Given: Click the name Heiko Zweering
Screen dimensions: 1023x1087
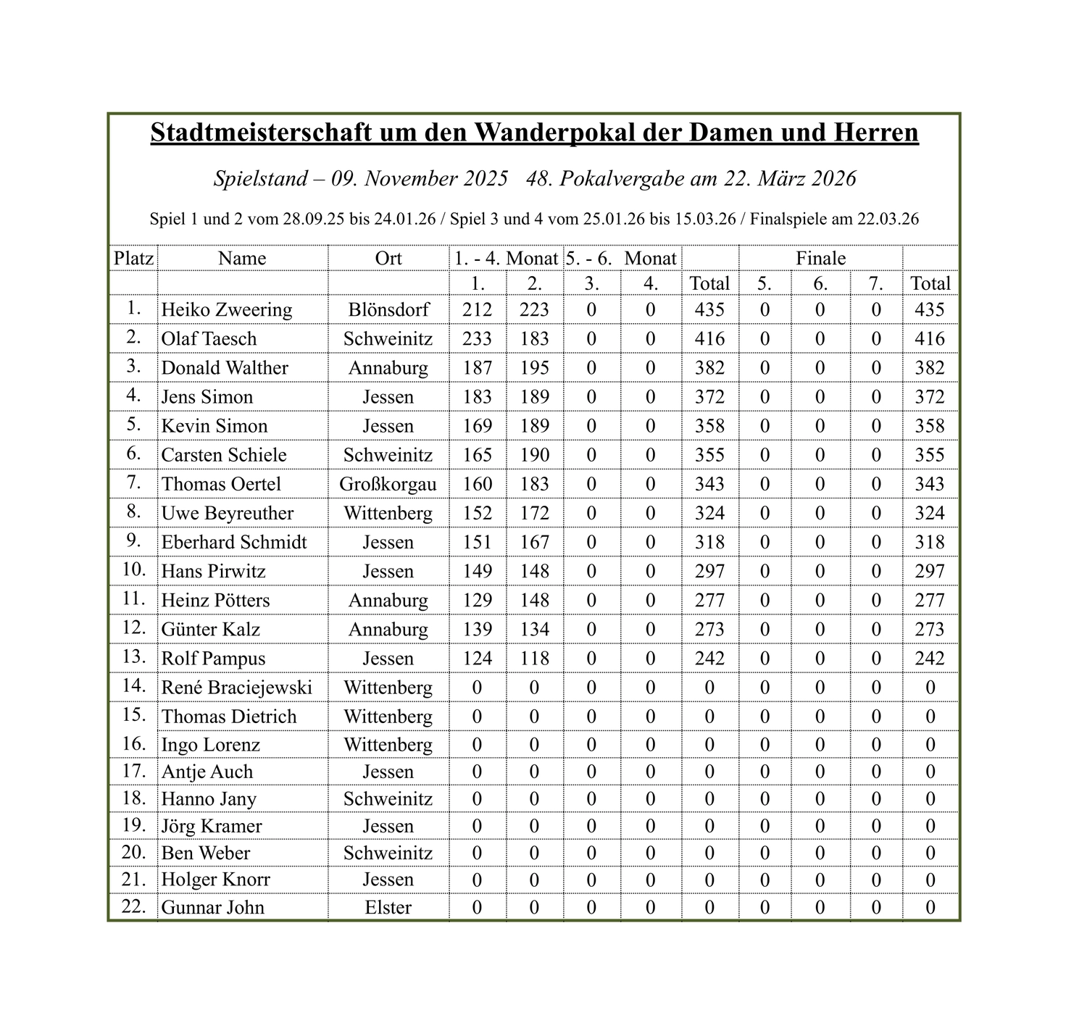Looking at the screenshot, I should [226, 310].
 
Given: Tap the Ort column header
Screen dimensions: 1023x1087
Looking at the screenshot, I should [388, 259].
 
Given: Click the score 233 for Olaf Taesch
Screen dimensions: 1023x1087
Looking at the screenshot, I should [477, 339].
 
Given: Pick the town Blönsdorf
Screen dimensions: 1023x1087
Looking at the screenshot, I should [388, 310].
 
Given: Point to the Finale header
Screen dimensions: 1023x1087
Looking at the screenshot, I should [820, 259].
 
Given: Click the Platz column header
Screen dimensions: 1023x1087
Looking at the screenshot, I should [133, 259].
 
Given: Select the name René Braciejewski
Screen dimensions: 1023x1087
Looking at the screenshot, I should [236, 688].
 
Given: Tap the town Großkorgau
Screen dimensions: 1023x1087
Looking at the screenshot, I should [388, 484].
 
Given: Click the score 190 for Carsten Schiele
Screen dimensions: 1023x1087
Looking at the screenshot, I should [534, 455].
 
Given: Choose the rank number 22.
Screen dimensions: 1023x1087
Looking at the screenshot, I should [134, 906].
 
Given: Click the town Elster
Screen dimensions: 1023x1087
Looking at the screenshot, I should [388, 908].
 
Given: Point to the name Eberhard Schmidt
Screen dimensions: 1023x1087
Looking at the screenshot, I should [234, 542].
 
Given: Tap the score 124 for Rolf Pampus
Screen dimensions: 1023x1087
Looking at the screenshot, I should [477, 659].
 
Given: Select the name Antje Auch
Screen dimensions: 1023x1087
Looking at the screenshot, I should [207, 772].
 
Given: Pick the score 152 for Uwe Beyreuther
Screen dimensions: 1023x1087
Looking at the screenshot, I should [477, 513].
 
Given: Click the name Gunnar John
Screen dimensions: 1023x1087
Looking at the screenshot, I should [213, 908].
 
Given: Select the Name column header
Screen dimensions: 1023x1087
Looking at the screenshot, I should [242, 259].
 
